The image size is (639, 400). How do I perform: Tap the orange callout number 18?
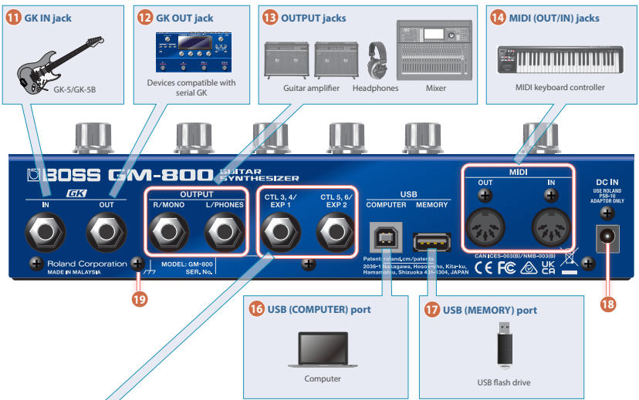click(x=608, y=304)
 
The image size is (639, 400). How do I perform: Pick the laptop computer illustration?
click(x=322, y=351)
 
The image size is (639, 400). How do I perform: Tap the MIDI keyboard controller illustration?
click(x=559, y=59)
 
